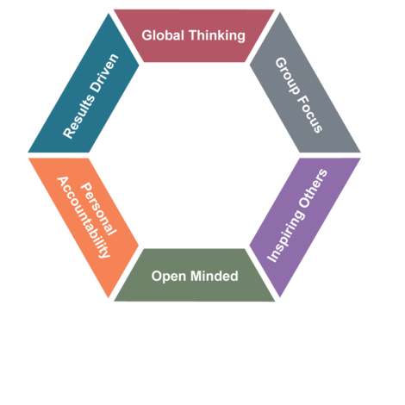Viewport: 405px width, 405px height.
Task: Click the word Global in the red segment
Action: pos(163,35)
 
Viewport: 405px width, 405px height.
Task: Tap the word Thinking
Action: pos(217,36)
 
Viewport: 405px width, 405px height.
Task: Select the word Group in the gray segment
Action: pos(287,76)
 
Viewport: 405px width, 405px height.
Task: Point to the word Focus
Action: pos(309,114)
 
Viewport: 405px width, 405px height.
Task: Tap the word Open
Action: pos(169,277)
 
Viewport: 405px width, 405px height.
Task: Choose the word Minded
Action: pos(215,276)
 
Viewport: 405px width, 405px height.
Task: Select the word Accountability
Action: pos(84,217)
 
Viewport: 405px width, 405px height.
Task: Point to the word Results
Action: pos(78,116)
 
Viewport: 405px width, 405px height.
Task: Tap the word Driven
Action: pos(104,72)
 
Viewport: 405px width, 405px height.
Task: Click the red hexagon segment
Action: pos(194,35)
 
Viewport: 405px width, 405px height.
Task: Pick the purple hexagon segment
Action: pos(305,227)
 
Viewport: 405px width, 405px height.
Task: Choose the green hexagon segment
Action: pos(195,275)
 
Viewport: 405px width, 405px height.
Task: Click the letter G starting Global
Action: pos(146,35)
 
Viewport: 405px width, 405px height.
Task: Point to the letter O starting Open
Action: pos(157,276)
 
